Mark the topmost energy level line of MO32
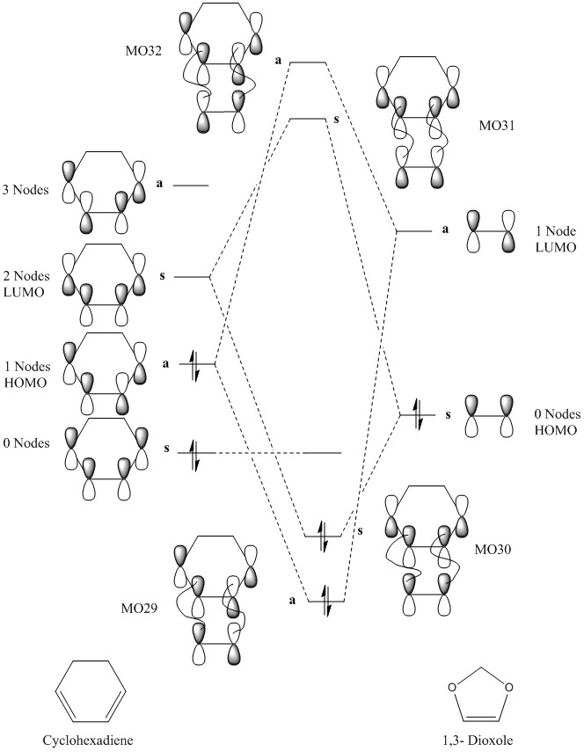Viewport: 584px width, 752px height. (308, 62)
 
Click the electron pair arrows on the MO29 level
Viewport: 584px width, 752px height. (325, 600)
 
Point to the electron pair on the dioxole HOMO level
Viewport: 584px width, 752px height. (418, 413)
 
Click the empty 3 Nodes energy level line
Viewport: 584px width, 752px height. (191, 186)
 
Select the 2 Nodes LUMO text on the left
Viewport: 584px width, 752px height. (27, 284)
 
